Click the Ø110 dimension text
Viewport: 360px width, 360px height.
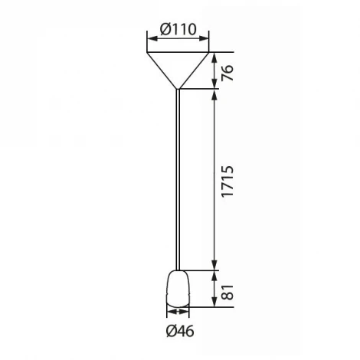(178, 30)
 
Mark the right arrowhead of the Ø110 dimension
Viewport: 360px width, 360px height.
(207, 41)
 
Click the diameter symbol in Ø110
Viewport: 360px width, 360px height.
(165, 30)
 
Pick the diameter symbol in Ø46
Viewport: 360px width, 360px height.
(170, 331)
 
